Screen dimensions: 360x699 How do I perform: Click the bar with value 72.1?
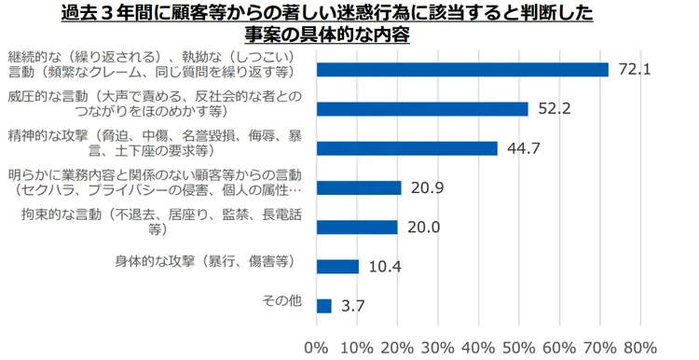point(462,70)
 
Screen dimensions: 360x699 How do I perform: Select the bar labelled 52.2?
point(422,109)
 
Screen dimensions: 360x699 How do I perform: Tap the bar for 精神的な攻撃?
point(407,148)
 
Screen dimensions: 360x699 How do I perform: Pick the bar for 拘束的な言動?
point(357,227)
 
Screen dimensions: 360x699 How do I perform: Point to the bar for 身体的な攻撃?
point(337,267)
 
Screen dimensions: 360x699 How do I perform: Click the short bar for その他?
point(324,306)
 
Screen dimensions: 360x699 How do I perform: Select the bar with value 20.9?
point(359,187)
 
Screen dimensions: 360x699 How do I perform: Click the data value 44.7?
point(525,149)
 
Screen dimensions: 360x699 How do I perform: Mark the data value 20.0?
point(424,228)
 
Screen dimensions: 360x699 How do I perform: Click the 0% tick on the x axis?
point(317,348)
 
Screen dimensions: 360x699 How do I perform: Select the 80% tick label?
point(640,348)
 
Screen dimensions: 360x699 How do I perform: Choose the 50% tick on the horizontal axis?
point(519,348)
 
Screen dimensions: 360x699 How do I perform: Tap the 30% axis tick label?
point(438,348)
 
